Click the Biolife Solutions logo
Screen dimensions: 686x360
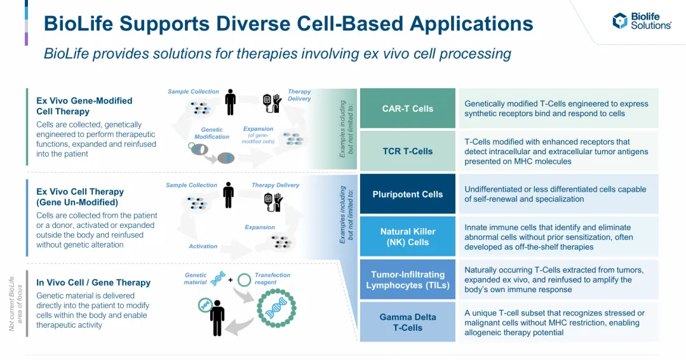[642, 20]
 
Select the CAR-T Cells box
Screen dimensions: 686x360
[407, 109]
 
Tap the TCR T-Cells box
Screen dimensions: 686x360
[407, 151]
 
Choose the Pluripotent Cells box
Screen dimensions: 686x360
[407, 194]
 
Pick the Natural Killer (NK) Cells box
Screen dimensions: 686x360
[407, 237]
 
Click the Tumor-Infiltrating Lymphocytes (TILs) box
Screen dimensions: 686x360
[407, 279]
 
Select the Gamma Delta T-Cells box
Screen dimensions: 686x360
[407, 322]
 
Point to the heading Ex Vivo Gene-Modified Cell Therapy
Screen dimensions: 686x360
[84, 106]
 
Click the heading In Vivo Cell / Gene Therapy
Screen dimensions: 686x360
[93, 283]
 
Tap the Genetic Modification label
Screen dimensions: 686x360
[212, 133]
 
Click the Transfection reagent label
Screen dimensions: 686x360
[272, 278]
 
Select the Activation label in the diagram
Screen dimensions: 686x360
[203, 246]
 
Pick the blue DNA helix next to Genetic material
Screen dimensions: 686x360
[218, 278]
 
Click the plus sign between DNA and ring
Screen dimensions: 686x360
[231, 279]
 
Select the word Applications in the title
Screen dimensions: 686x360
[471, 24]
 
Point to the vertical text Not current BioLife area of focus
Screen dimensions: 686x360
[15, 303]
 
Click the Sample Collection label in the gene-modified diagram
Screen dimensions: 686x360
[193, 91]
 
